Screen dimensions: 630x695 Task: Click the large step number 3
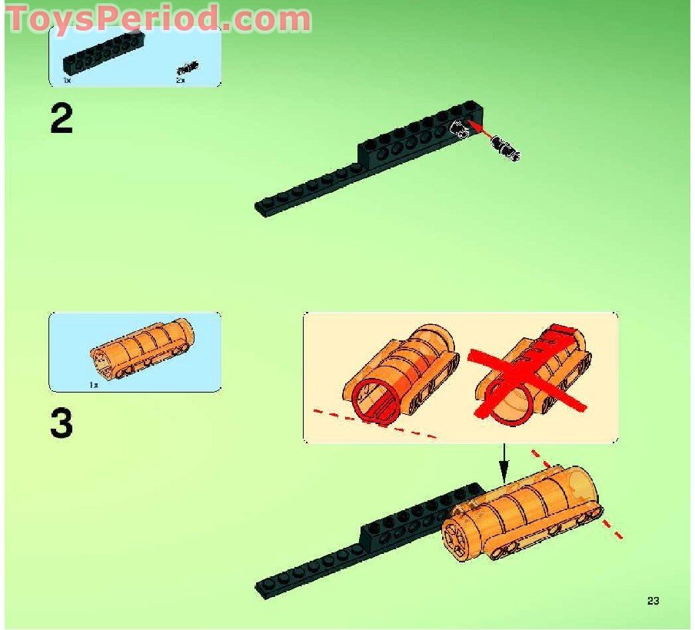[62, 423]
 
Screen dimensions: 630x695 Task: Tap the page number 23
[653, 601]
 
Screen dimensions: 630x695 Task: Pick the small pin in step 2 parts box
[188, 68]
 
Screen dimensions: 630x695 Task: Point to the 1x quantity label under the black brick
[67, 80]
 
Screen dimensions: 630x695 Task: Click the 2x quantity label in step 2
[181, 80]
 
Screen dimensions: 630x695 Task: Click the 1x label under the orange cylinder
[94, 384]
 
